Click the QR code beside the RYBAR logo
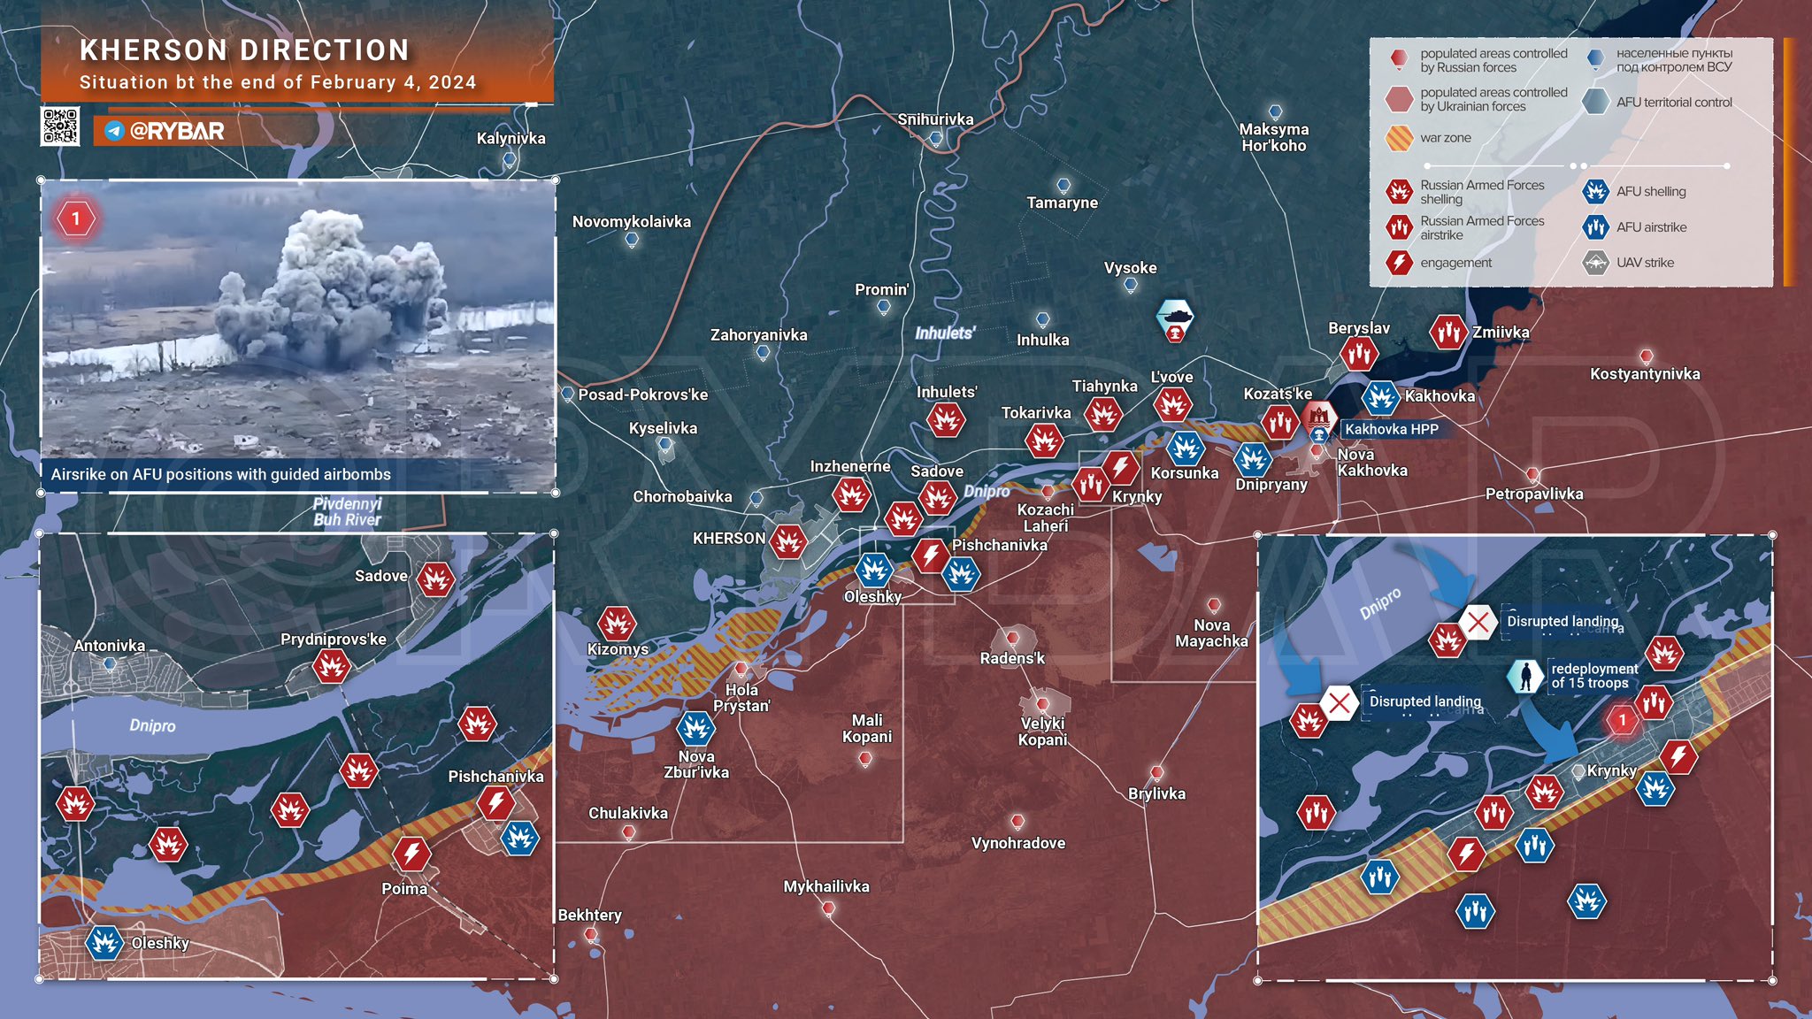(x=60, y=126)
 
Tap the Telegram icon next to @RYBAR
(x=114, y=131)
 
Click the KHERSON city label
(x=728, y=538)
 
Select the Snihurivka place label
(x=935, y=119)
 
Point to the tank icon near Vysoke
(x=1175, y=316)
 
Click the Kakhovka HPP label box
(x=1391, y=429)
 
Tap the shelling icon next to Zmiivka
(x=1448, y=333)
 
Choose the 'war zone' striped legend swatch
(x=1399, y=138)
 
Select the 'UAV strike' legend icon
(x=1595, y=263)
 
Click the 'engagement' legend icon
(x=1399, y=263)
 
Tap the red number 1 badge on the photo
(x=76, y=218)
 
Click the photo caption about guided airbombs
(x=220, y=474)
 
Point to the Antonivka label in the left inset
(x=109, y=646)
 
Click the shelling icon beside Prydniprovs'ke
(x=331, y=666)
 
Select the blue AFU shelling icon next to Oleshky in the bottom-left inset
(x=104, y=943)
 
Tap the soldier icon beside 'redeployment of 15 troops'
(x=1525, y=677)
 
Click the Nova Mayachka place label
(x=1211, y=632)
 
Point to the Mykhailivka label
(x=826, y=886)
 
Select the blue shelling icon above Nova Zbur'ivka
(x=695, y=728)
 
